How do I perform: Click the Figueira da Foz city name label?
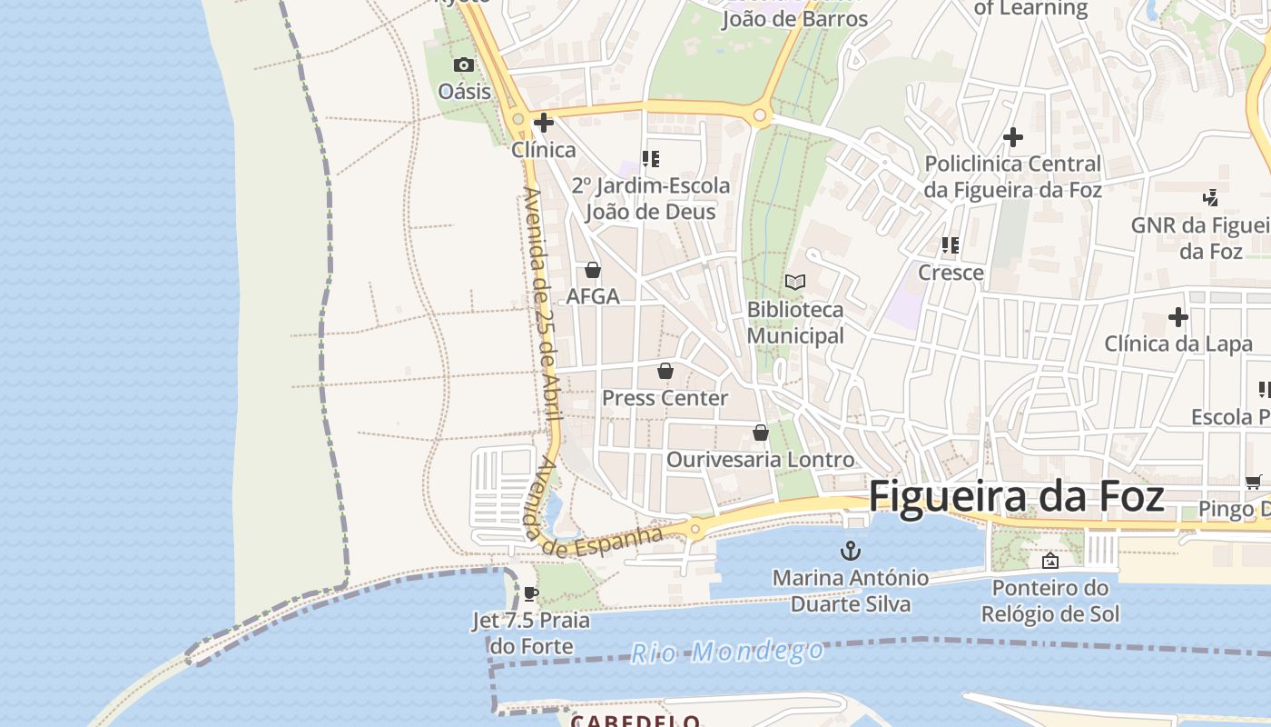(1016, 497)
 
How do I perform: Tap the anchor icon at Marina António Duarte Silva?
(851, 551)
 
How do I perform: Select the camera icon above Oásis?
(464, 65)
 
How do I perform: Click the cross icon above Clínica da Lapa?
(1178, 317)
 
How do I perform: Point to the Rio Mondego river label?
(728, 652)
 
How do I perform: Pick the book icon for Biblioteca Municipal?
(795, 283)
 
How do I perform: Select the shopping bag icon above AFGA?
(593, 270)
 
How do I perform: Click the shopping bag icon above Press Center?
(665, 372)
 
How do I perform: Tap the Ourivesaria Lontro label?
(760, 460)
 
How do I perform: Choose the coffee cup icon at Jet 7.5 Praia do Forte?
(531, 594)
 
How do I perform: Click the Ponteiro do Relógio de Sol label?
(1050, 601)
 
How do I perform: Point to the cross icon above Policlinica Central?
(1013, 137)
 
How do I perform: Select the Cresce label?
(951, 273)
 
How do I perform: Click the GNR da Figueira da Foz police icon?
(1210, 197)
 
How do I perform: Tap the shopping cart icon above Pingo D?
(1253, 483)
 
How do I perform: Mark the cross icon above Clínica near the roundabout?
(544, 123)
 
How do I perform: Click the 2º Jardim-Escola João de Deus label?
(650, 199)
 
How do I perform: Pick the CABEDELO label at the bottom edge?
(635, 721)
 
